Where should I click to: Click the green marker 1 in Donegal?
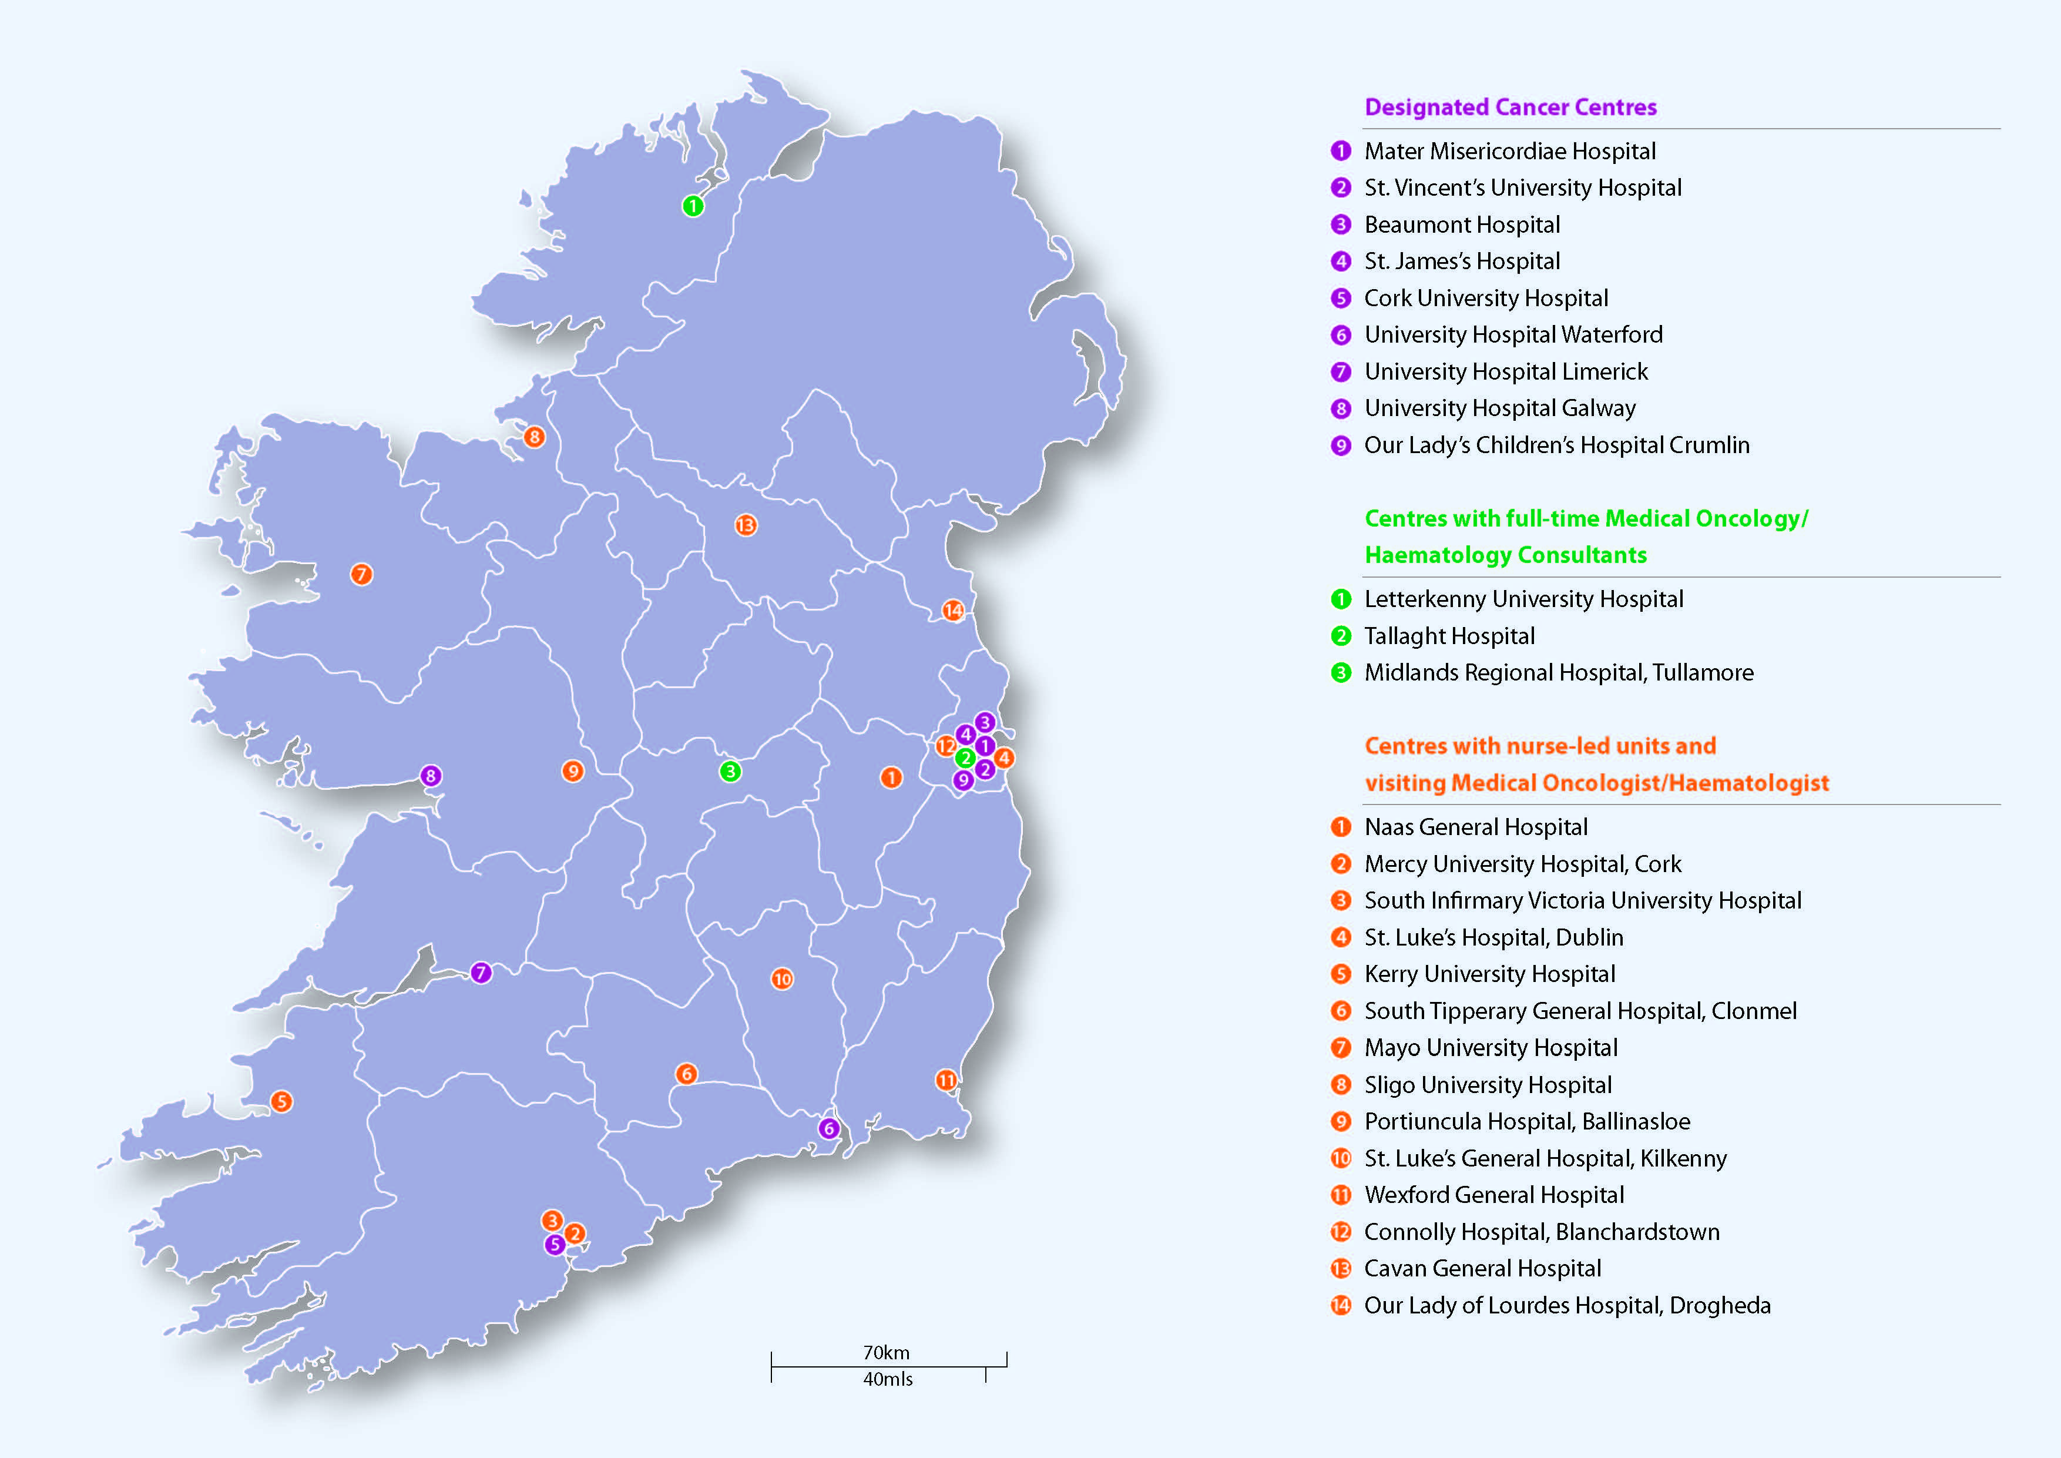pos(692,206)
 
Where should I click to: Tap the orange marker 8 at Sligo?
pos(534,437)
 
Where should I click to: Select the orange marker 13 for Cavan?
pos(745,525)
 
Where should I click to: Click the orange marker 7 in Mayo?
pos(361,575)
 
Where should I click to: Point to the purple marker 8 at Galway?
pos(431,776)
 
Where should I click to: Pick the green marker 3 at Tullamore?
pos(730,771)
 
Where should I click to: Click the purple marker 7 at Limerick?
pos(481,973)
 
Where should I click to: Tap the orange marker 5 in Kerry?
pos(281,1101)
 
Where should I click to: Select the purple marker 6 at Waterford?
pos(828,1128)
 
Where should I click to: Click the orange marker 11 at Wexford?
pos(946,1080)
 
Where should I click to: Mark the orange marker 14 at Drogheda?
pos(952,611)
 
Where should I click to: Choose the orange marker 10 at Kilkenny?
pos(782,980)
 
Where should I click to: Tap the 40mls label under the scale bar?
pos(888,1380)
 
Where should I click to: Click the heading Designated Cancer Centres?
pos(1510,108)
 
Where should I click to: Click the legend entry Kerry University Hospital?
pos(1489,974)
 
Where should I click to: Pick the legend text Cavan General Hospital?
pos(1482,1269)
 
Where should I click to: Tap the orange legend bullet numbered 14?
pos(1340,1305)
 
